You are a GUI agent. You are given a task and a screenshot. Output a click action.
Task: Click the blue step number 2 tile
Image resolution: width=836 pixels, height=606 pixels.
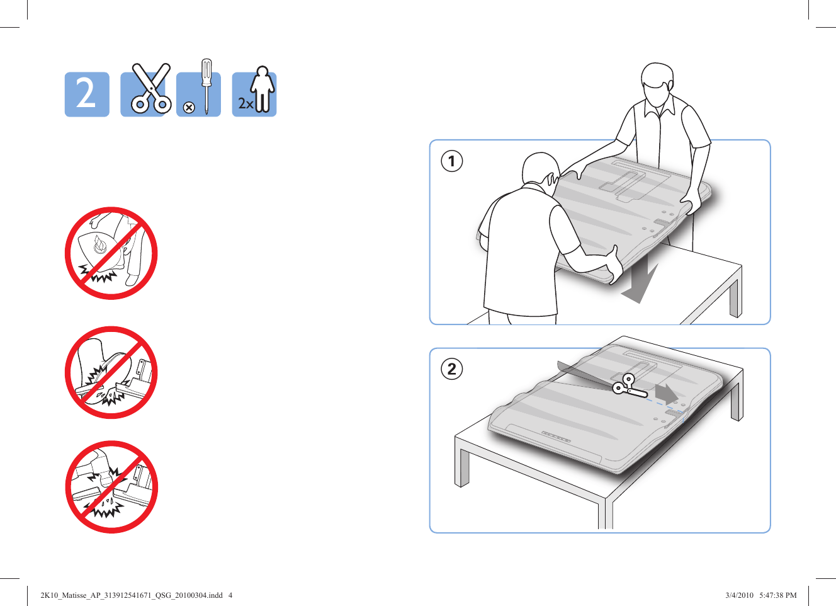click(x=87, y=94)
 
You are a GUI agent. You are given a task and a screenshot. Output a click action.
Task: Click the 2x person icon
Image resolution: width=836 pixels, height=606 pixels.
click(x=255, y=94)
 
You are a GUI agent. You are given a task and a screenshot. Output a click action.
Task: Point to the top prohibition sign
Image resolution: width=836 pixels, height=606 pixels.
click(x=111, y=253)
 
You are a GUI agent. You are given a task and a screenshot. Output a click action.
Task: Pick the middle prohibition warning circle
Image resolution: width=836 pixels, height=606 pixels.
click(x=111, y=372)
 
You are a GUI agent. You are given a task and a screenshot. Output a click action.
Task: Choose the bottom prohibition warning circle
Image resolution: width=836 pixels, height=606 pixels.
click(x=111, y=487)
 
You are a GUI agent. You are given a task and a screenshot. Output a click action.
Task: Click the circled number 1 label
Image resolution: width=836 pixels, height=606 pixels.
click(x=451, y=161)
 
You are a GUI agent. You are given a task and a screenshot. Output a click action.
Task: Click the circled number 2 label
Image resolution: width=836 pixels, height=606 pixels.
click(x=451, y=369)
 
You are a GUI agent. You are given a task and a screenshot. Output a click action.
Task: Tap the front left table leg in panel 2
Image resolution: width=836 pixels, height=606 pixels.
click(x=463, y=463)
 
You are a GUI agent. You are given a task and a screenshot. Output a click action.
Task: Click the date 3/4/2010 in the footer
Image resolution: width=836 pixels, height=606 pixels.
click(x=739, y=595)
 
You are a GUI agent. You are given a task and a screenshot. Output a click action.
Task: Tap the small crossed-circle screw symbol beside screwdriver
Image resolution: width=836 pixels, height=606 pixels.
click(x=188, y=108)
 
